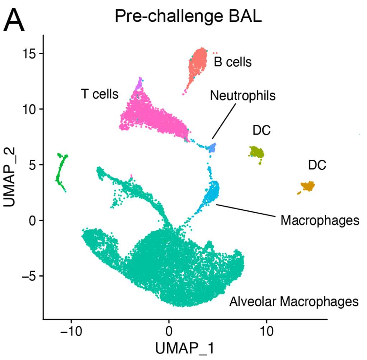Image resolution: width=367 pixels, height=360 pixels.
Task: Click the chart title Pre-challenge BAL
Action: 188,17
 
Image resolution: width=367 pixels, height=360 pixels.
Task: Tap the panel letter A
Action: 14,21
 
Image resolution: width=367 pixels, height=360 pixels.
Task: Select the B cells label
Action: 233,62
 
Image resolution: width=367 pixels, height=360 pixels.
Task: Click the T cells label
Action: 100,94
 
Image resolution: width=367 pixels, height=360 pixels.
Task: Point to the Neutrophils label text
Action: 243,95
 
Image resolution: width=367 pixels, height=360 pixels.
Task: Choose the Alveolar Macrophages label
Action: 294,301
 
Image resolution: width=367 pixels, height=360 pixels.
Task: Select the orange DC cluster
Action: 308,186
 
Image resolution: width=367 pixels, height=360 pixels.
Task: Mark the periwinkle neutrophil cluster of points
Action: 212,148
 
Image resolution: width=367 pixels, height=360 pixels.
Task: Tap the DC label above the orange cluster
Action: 317,165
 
